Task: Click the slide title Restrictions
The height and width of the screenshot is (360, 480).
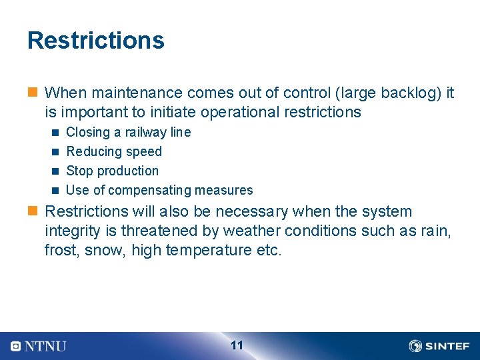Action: click(x=95, y=41)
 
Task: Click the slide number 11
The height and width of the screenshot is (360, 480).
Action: click(x=237, y=345)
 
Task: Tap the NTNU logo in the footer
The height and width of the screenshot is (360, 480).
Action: click(x=39, y=346)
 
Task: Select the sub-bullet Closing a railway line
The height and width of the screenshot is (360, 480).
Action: click(x=128, y=132)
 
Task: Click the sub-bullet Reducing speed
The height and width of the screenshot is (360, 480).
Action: click(x=114, y=151)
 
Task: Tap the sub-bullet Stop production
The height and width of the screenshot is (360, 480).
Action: click(x=113, y=171)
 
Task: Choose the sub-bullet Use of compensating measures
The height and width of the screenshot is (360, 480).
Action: click(x=159, y=190)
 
